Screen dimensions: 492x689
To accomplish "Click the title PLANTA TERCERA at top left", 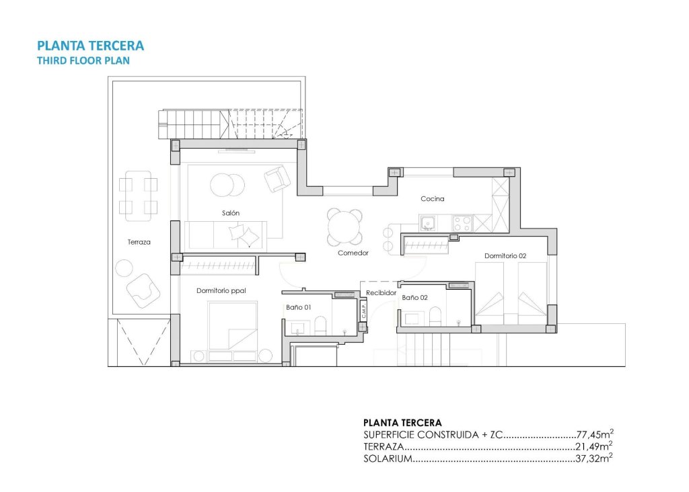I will point(90,46).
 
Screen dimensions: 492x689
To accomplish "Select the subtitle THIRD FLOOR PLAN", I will point(82,60).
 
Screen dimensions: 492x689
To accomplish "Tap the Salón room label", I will point(231,213).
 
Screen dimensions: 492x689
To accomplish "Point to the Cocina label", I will point(432,199).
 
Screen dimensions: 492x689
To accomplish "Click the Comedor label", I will point(353,253).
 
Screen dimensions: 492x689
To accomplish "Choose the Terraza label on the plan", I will point(139,242).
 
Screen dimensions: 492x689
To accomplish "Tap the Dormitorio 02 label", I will point(505,256).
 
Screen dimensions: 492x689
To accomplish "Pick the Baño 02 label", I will point(414,296).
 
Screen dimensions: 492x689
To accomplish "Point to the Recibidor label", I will point(382,293).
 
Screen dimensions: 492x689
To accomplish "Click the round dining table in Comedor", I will point(344,227).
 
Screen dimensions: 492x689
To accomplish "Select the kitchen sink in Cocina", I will point(428,222).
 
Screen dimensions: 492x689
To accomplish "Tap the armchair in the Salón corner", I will point(277,179).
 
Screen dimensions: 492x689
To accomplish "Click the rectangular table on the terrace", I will point(138,195).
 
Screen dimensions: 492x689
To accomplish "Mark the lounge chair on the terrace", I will point(144,290).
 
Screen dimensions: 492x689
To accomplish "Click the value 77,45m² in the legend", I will point(595,434).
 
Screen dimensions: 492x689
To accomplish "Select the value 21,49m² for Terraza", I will point(595,446).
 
